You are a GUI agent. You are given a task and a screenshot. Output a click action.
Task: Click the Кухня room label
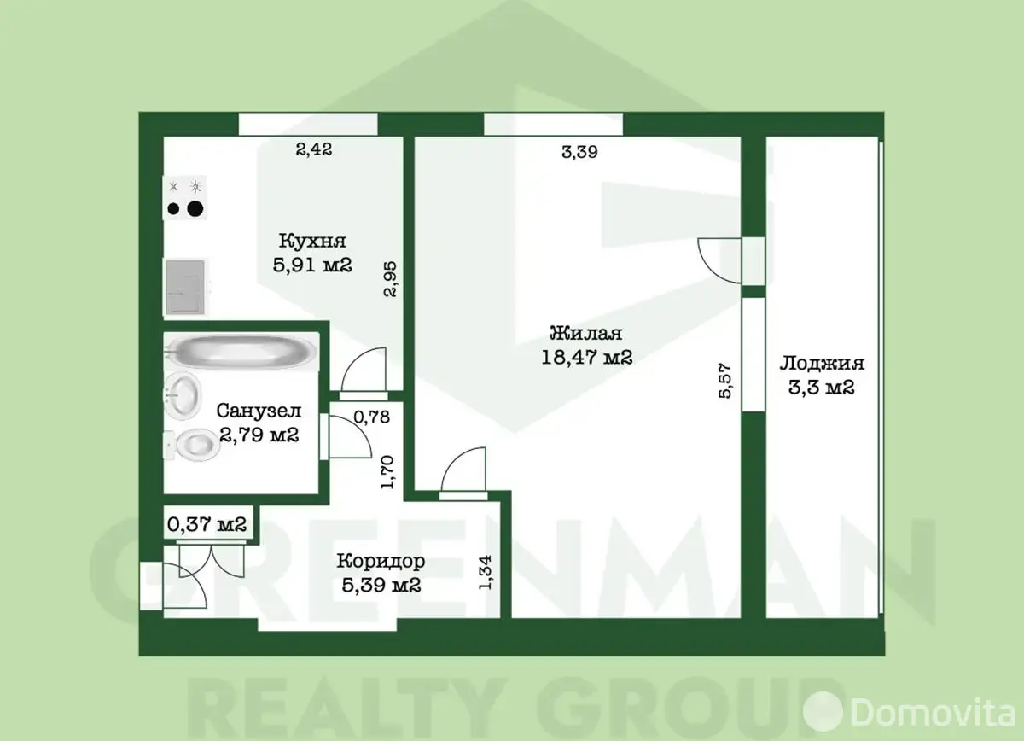(312, 241)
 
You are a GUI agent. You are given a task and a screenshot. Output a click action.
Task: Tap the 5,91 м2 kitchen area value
(312, 265)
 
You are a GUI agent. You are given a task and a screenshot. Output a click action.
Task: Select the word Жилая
(586, 333)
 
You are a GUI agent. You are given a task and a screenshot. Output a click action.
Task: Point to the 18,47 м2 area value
(587, 357)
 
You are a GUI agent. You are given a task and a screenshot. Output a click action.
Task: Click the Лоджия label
(822, 364)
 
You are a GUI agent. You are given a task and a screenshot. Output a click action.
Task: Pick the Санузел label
(259, 411)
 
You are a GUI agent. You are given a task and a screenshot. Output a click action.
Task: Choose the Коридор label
(381, 561)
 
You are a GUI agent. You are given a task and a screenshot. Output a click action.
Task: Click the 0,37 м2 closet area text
(207, 524)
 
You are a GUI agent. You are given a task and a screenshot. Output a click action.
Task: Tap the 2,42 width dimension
(314, 149)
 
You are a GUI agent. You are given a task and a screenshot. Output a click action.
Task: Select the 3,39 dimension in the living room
(579, 152)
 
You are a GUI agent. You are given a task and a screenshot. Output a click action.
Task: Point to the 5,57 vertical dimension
(725, 381)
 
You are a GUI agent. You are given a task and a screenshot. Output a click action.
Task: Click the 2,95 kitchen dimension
(391, 279)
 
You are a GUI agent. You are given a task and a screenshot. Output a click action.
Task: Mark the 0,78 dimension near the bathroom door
(372, 417)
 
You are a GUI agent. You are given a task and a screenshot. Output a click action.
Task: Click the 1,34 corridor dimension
(485, 573)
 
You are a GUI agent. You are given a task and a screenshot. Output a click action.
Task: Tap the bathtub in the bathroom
(241, 351)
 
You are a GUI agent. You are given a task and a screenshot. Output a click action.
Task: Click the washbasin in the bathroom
(182, 395)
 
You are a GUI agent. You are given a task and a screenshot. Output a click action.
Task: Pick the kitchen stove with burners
(184, 197)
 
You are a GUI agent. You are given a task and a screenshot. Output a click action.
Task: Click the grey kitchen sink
(186, 287)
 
